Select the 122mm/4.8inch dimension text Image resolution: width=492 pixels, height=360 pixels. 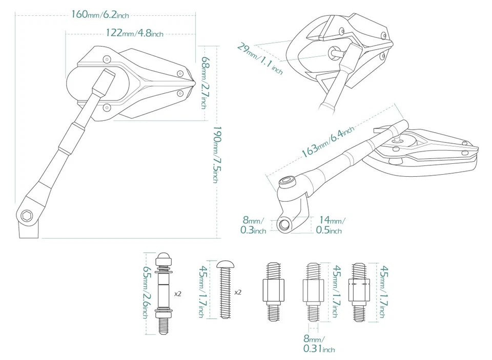[134, 33]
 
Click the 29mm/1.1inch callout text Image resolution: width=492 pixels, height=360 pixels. [259, 58]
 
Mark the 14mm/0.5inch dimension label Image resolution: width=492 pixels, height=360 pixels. [331, 226]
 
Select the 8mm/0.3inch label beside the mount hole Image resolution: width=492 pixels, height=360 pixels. [253, 226]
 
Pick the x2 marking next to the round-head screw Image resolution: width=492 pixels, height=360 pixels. [238, 292]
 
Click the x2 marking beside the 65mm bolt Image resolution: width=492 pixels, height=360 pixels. [178, 294]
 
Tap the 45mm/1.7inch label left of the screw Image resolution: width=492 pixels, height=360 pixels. [201, 292]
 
